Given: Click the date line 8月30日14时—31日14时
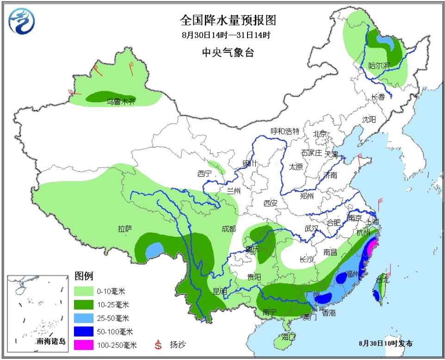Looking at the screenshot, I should pyautogui.click(x=225, y=35).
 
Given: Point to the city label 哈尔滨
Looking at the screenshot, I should pyautogui.click(x=379, y=66).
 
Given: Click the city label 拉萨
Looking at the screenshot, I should pyautogui.click(x=125, y=228).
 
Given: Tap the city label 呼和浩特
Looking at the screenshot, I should pyautogui.click(x=285, y=131).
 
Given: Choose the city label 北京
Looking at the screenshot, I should pyautogui.click(x=320, y=134).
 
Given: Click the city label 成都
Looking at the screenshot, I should pyautogui.click(x=229, y=229).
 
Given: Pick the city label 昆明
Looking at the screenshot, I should pyautogui.click(x=220, y=291).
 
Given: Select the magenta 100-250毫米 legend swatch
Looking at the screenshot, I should pyautogui.click(x=84, y=345).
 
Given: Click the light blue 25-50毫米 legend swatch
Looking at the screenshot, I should pyautogui.click(x=84, y=318).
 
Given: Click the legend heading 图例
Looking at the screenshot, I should pyautogui.click(x=84, y=276).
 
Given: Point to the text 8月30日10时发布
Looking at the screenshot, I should pyautogui.click(x=386, y=343).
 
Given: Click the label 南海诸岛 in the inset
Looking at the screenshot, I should pyautogui.click(x=51, y=341).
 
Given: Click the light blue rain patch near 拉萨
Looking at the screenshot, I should pyautogui.click(x=155, y=251).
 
